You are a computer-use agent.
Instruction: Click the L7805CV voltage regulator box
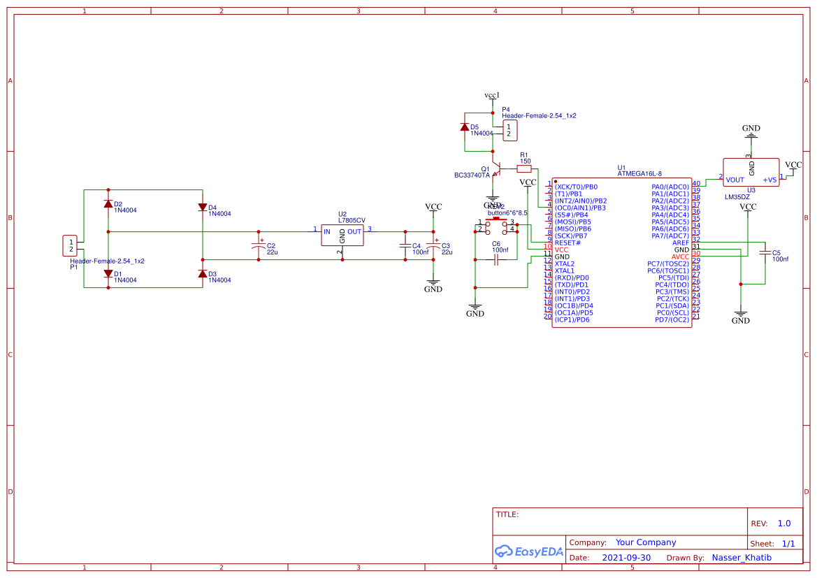(x=342, y=235)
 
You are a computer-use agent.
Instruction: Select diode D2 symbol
(x=108, y=204)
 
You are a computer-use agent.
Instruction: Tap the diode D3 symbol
(x=203, y=274)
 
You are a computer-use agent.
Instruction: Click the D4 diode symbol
(x=203, y=208)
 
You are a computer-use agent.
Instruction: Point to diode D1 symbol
(x=108, y=274)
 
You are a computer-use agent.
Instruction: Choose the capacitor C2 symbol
(x=259, y=245)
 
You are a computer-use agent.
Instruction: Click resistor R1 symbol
(x=524, y=168)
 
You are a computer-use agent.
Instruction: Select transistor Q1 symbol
(x=495, y=170)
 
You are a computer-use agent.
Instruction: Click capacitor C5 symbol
(x=765, y=253)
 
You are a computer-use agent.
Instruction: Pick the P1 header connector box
(x=71, y=245)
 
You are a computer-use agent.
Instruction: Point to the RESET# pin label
(x=567, y=243)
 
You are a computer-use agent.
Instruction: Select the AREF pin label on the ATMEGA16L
(x=680, y=243)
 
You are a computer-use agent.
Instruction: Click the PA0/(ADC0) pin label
(x=670, y=187)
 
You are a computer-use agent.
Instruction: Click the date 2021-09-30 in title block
(x=626, y=558)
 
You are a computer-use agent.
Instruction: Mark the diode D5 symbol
(x=465, y=127)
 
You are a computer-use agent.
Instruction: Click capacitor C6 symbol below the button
(x=496, y=260)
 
